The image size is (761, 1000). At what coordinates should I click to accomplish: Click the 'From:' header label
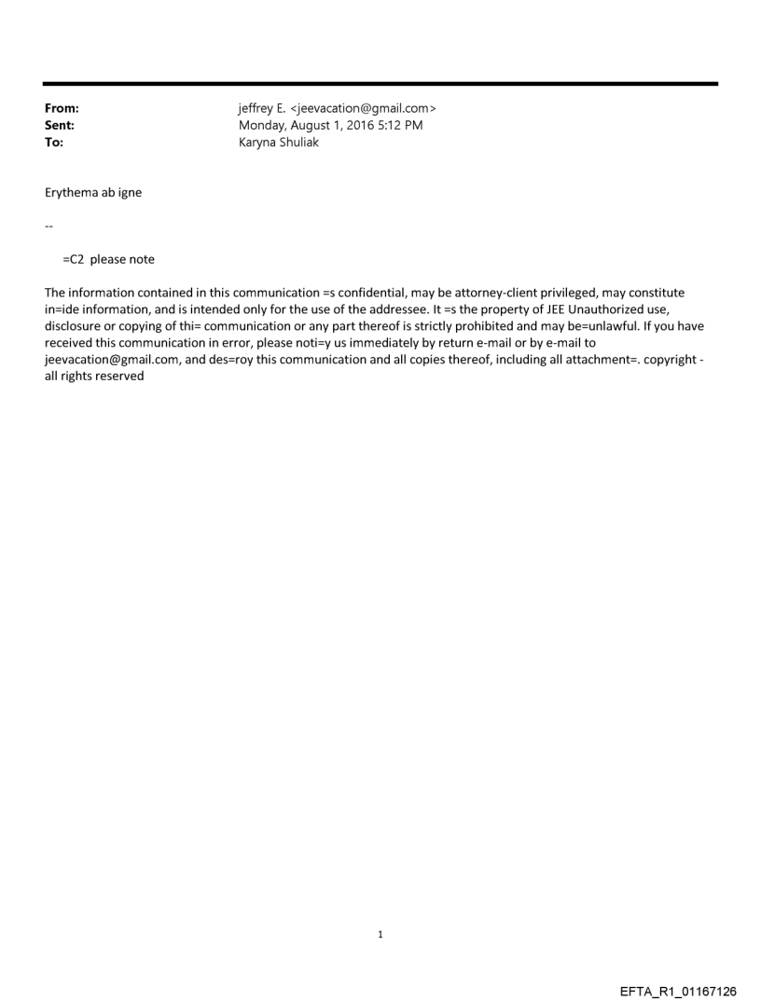(x=62, y=109)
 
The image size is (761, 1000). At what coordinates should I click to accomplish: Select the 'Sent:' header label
(x=60, y=126)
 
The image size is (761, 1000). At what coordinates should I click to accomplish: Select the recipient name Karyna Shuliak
(x=279, y=143)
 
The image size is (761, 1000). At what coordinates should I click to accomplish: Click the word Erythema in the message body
(x=73, y=193)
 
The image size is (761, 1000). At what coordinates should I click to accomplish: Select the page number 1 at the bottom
(x=380, y=935)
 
